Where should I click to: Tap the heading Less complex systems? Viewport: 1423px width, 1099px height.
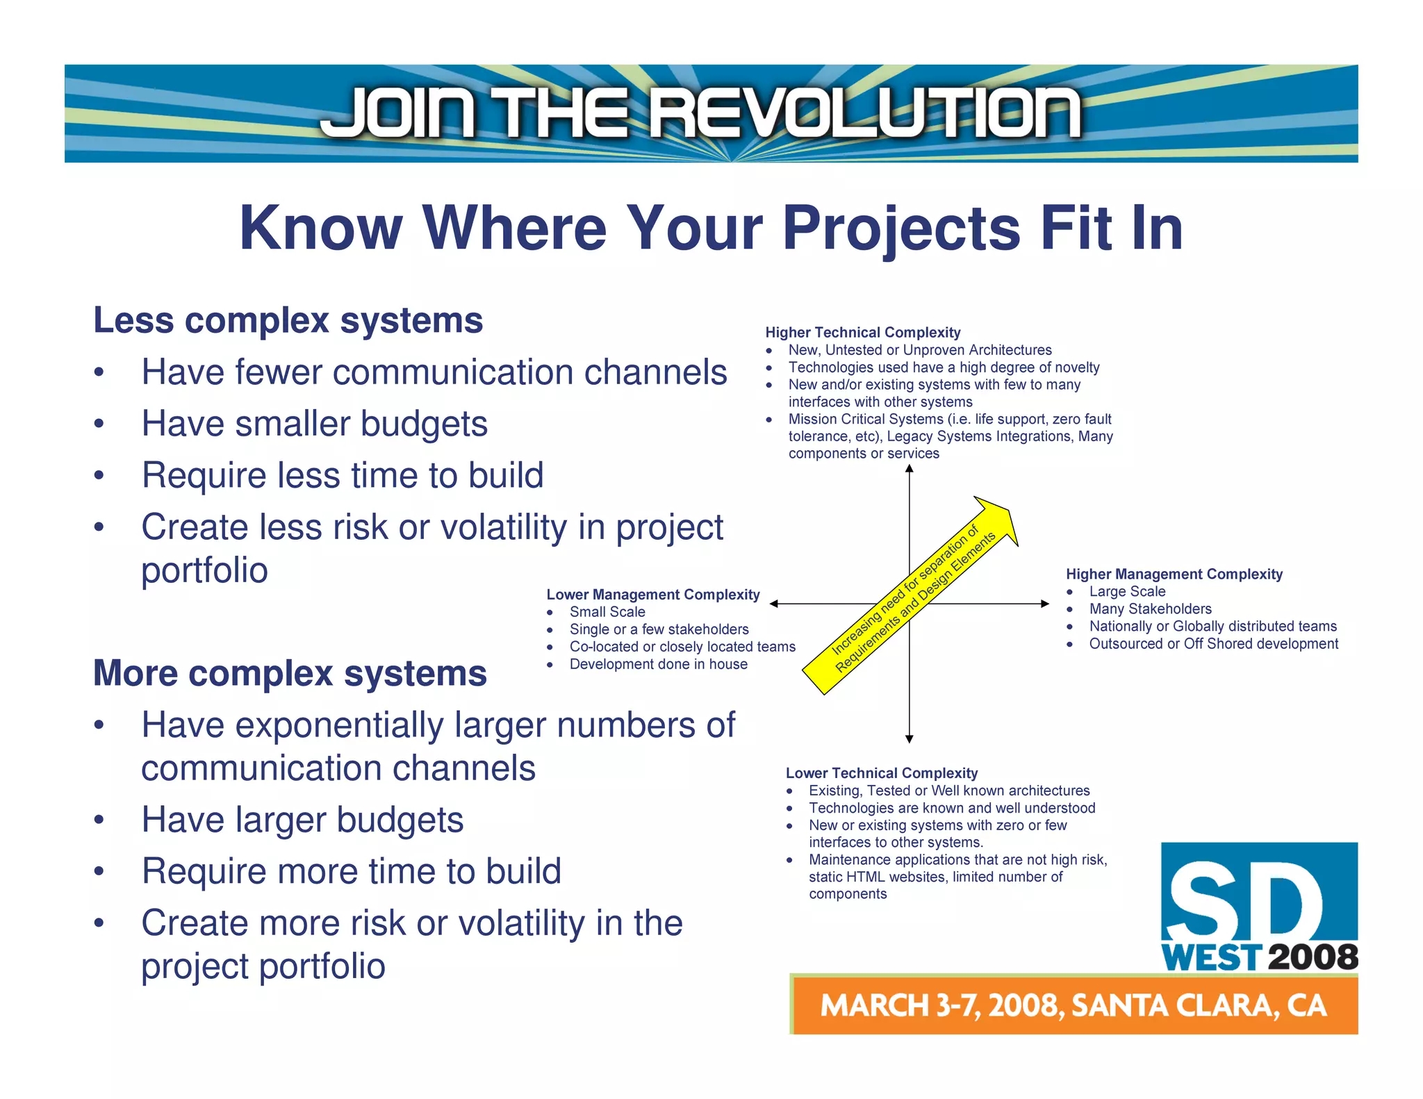coord(288,321)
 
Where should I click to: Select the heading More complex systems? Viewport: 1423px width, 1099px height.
coord(290,674)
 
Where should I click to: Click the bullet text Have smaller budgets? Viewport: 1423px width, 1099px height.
coord(314,424)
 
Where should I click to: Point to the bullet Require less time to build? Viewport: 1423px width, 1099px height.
coord(342,476)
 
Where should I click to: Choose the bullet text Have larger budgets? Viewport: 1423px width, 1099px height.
coord(302,820)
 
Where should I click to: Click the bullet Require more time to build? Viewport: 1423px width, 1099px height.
coord(351,871)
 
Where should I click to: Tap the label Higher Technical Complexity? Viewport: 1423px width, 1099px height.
coord(862,333)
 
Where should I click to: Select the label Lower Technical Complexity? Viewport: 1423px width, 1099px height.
coord(881,773)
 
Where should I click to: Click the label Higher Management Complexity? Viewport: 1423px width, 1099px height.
coord(1174,575)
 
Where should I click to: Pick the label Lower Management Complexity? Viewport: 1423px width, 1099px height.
coord(652,595)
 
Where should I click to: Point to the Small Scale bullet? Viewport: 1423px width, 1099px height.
coord(607,612)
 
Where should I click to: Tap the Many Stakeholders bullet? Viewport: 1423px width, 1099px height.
coord(1150,609)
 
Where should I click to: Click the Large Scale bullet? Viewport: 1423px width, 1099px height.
coord(1127,592)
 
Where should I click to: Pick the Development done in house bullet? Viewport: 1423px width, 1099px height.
coord(658,664)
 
